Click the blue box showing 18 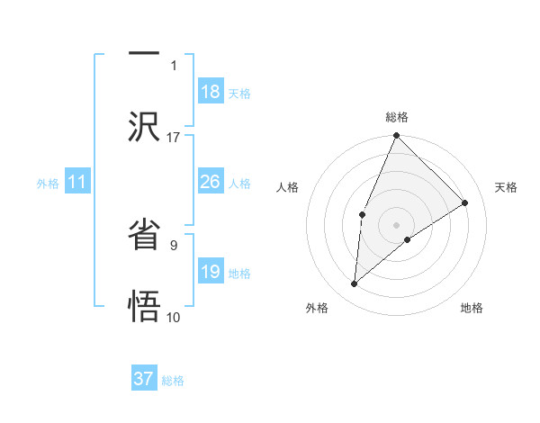211,92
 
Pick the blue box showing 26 211,182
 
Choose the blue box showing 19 211,272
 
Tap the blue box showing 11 77,183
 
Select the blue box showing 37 144,379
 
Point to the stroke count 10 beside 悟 174,317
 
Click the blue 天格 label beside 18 239,94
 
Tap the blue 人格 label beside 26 239,184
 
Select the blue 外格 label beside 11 48,184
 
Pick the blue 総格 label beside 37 173,381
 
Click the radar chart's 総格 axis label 397,117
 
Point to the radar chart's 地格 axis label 472,309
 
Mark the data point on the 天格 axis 465,202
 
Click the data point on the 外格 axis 355,284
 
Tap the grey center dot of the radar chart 397,224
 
